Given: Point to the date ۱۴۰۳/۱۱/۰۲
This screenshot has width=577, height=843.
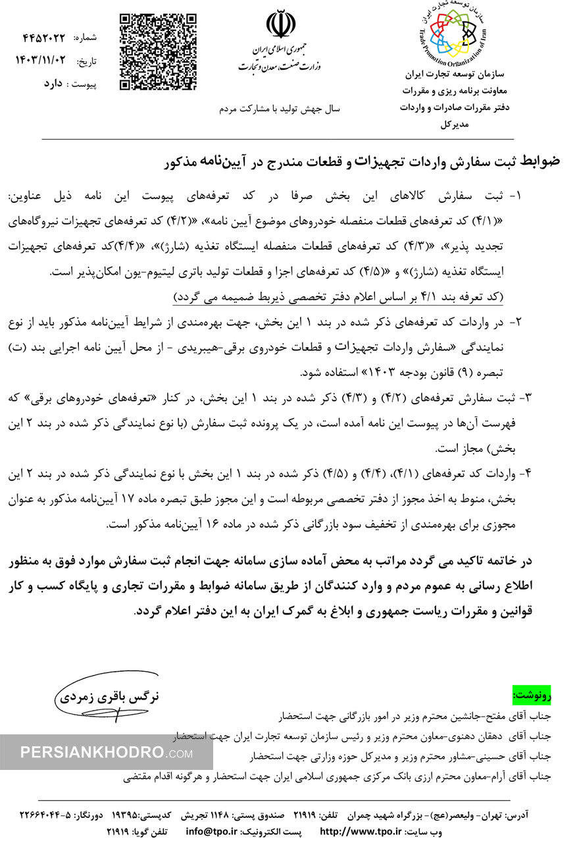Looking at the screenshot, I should tap(40, 60).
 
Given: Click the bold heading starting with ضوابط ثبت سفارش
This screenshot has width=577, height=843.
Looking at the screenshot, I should tap(363, 162).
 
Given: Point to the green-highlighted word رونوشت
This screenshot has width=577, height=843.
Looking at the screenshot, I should tap(532, 694).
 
